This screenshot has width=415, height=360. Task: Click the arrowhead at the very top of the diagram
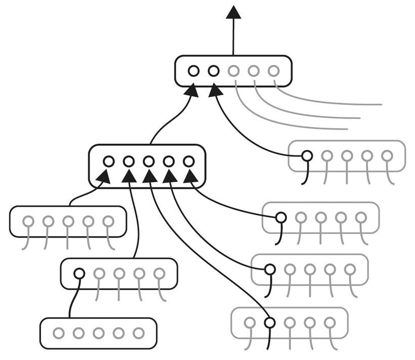pos(233,12)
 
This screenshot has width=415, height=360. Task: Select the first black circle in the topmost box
pos(194,71)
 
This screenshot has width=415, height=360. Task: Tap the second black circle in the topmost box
pos(214,71)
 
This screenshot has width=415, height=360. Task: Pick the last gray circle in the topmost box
pos(274,71)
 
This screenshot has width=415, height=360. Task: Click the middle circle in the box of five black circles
pos(148,161)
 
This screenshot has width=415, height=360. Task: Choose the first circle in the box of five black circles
pos(108,161)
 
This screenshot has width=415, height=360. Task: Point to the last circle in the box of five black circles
pos(188,161)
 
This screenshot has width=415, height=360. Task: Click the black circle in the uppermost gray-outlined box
pos(307,155)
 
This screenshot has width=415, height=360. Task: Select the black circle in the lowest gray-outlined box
pos(270,322)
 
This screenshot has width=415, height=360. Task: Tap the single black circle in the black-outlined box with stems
pos(79,273)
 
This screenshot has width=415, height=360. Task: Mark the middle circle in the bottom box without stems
pos(99,333)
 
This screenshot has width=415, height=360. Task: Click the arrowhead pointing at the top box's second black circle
pos(215,91)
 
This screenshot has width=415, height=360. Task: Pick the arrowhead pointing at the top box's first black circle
pos(192,91)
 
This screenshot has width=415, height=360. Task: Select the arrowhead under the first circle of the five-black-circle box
pos(104,177)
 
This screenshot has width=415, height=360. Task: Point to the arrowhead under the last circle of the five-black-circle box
pos(190,176)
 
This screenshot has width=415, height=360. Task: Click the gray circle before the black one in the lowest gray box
pos(250,322)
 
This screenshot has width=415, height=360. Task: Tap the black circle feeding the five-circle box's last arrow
pos(281,218)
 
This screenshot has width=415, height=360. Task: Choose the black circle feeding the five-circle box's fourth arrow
pos(270,269)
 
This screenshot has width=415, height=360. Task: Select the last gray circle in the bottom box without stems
pos(139,333)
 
